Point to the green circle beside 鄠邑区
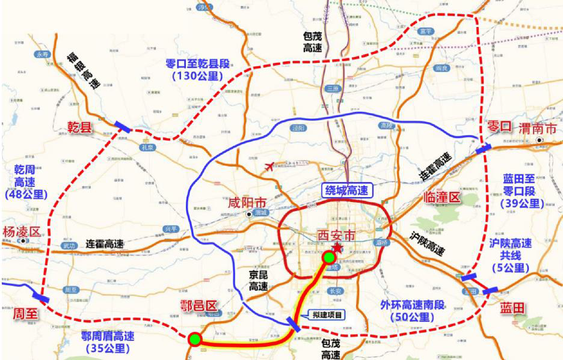(x=194, y=339)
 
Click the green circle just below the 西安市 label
(x=328, y=258)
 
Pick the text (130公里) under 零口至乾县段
(x=197, y=76)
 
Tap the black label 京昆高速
(x=259, y=280)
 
